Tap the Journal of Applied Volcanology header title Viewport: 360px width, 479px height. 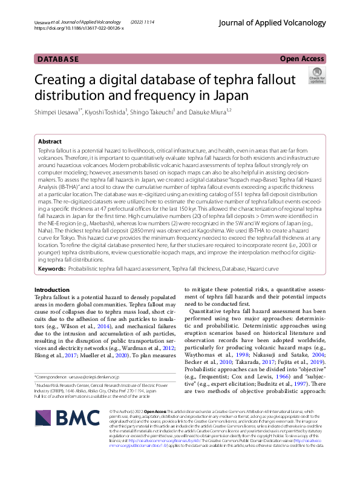[282, 22]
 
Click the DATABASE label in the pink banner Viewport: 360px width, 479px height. [58, 59]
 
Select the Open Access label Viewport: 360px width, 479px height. [303, 59]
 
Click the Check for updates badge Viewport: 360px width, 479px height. [316, 77]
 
